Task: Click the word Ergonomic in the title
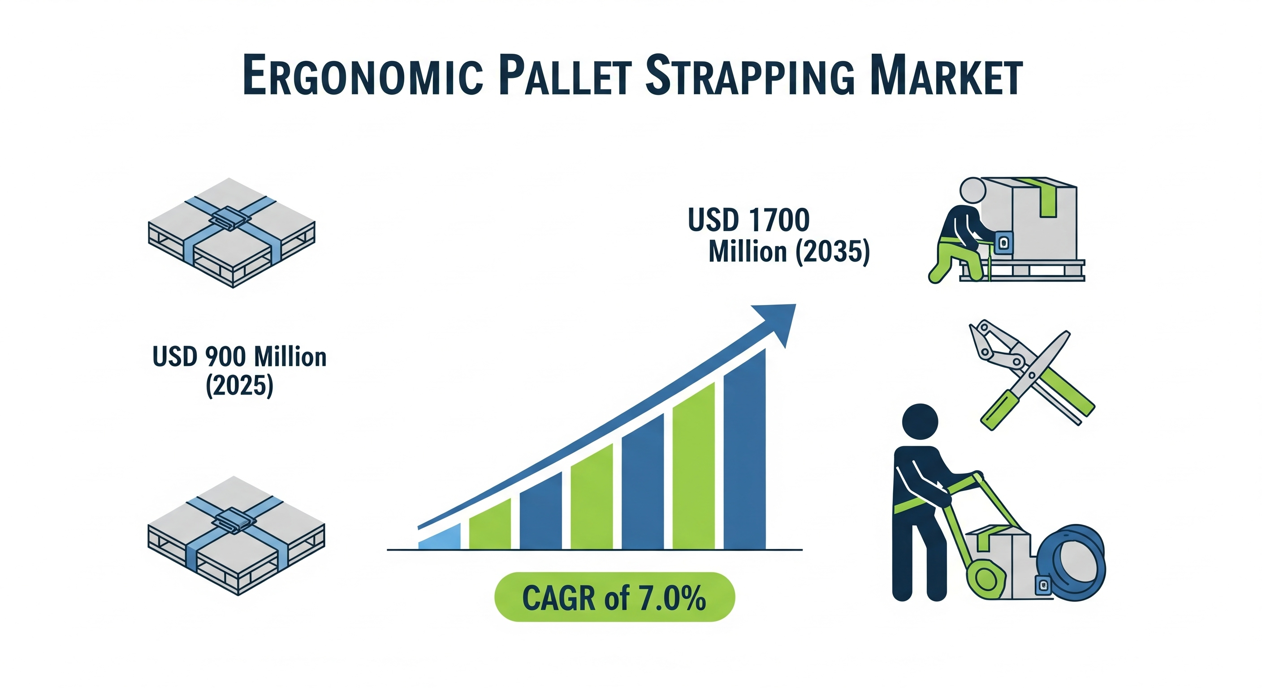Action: [x=363, y=76]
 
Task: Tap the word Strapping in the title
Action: [x=750, y=76]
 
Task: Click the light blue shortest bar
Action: [x=440, y=537]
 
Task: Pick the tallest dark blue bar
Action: [x=744, y=449]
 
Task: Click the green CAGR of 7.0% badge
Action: [x=614, y=597]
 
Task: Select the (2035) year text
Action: [x=832, y=252]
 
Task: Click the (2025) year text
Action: [x=240, y=385]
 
